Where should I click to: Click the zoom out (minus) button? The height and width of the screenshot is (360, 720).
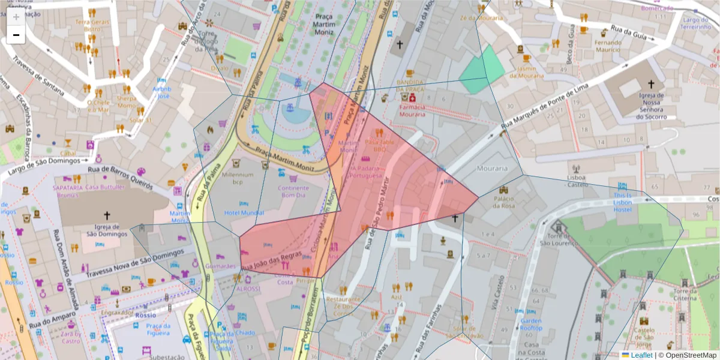[x=16, y=35]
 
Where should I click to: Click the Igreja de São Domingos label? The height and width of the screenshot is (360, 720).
[x=108, y=230]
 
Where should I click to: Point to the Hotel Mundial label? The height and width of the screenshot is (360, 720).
[x=244, y=213]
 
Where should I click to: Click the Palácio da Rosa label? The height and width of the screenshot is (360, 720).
[x=504, y=202]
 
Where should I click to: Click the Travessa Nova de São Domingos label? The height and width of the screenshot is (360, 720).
[x=129, y=265]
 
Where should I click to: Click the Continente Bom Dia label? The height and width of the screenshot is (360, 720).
[x=293, y=191]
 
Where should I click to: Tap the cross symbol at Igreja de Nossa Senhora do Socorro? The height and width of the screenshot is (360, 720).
[x=651, y=85]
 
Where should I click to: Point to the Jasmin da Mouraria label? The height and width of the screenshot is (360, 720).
[x=526, y=73]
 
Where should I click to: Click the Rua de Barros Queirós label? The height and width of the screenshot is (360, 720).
[x=119, y=178]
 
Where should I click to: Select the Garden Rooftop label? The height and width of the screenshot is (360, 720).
[x=531, y=325]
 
